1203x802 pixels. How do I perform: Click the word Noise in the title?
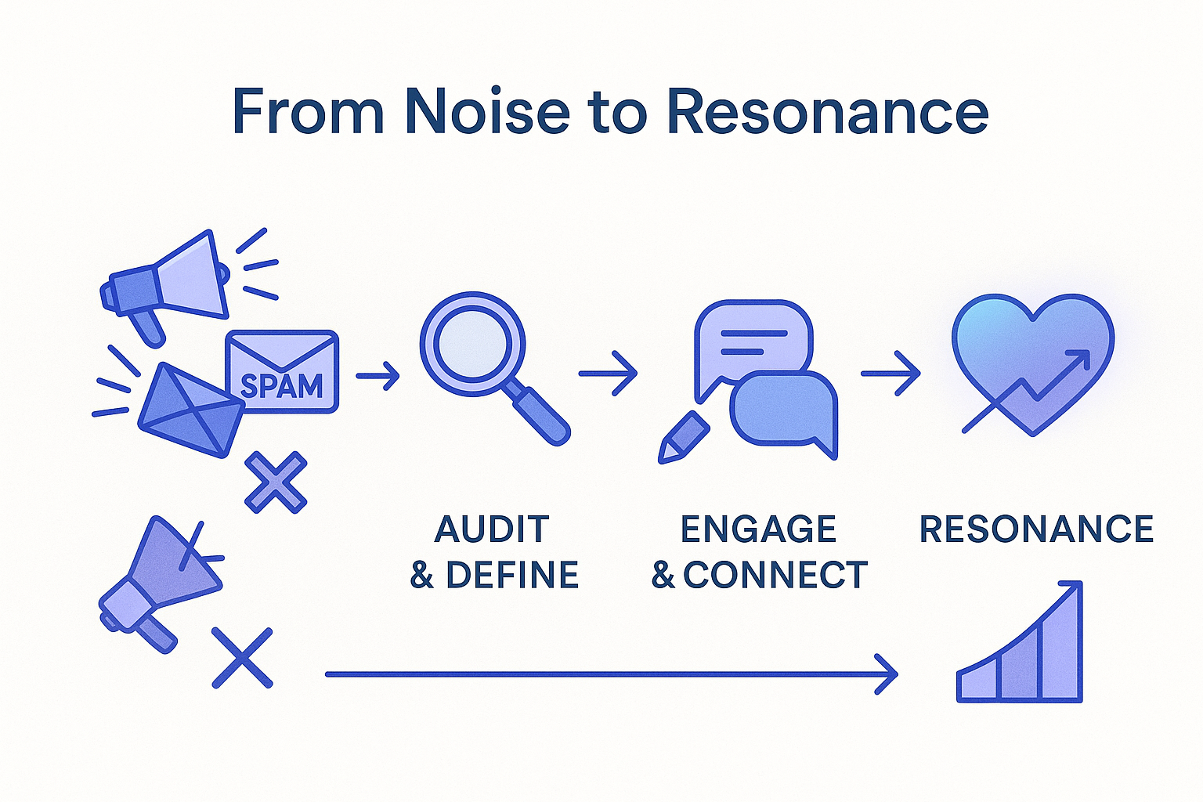click(486, 112)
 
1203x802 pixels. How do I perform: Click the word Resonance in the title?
click(827, 112)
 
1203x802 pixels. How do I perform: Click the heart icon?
click(1032, 360)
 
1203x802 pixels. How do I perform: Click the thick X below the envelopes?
click(276, 482)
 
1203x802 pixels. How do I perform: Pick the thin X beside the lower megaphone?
click(243, 658)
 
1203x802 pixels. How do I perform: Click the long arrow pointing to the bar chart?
click(611, 674)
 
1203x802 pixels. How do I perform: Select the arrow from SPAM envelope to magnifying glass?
click(378, 376)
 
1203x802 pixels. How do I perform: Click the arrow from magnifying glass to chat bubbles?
click(608, 374)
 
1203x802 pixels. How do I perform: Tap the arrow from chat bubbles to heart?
click(891, 374)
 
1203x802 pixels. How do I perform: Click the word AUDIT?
click(492, 529)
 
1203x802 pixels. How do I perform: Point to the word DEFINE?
click(512, 576)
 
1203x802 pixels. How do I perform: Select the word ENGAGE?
click(758, 529)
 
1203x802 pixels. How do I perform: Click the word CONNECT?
click(775, 576)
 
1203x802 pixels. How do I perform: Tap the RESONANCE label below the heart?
click(1036, 529)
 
